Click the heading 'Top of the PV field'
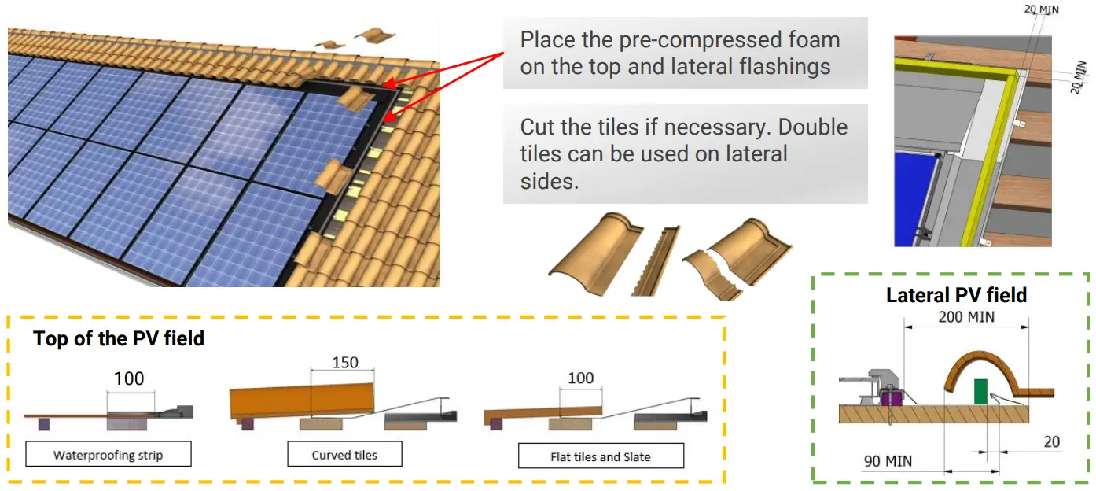119,339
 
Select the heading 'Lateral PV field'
956,295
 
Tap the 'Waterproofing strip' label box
108,455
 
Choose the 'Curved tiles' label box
344,455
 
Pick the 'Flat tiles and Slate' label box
601,456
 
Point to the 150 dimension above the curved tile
345,363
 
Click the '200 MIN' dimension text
965,317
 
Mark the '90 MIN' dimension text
888,461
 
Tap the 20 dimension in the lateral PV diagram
1052,442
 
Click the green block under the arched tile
980,390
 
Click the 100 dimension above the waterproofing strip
129,378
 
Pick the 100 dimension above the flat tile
580,378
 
